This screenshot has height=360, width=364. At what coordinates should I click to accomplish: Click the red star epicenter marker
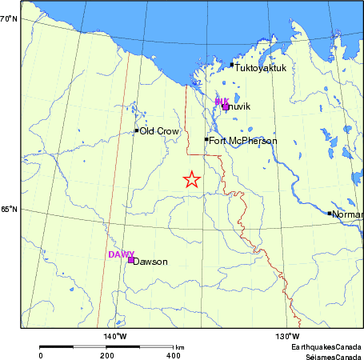[191, 179]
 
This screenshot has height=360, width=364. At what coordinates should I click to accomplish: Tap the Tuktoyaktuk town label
[261, 69]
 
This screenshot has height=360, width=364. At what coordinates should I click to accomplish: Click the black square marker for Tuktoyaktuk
[232, 65]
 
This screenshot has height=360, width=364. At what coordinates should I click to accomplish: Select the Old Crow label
[159, 131]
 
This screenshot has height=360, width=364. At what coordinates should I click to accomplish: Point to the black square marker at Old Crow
[137, 130]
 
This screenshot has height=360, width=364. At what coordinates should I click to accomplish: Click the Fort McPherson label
[243, 142]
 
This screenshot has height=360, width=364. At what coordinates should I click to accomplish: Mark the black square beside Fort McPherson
[206, 139]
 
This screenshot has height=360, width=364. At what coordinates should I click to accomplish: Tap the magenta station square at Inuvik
[226, 106]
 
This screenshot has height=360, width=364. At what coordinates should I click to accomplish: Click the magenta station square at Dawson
[130, 260]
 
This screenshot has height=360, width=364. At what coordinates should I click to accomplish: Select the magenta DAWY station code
[121, 254]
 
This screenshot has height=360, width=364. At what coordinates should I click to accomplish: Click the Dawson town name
[150, 262]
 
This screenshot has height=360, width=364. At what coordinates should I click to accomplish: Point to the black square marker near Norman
[330, 214]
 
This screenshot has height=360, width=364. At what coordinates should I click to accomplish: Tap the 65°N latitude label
[9, 210]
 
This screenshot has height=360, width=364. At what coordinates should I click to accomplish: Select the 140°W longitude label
[115, 335]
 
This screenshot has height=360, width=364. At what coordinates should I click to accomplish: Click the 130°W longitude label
[288, 335]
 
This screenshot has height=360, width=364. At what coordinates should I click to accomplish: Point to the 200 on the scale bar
[107, 355]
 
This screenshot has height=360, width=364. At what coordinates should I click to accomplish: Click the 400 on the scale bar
[173, 355]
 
